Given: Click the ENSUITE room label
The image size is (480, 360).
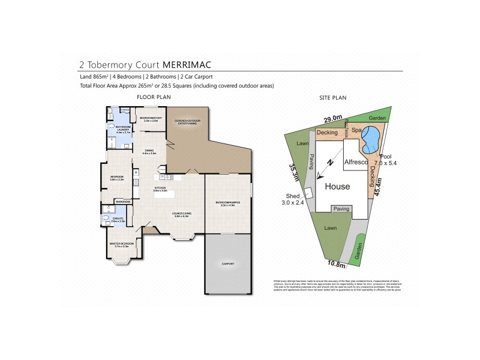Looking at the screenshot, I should (118, 220).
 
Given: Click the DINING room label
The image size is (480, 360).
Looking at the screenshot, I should (149, 152).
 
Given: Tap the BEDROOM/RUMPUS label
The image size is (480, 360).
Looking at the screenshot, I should (228, 203).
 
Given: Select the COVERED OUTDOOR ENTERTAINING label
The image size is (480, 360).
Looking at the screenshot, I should (188, 121).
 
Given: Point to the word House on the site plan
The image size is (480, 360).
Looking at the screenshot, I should (337, 187).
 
